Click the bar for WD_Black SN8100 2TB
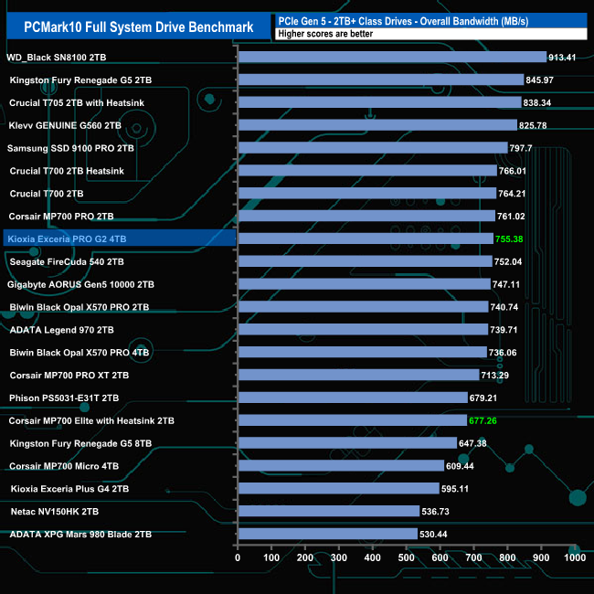click(x=391, y=57)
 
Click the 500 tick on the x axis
click(x=406, y=557)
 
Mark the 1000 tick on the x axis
click(x=574, y=557)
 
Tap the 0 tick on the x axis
click(x=238, y=557)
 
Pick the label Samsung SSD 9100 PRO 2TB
click(x=70, y=147)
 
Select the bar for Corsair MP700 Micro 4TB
click(x=340, y=466)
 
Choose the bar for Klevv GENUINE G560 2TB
click(x=377, y=125)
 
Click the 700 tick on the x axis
click(x=473, y=557)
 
